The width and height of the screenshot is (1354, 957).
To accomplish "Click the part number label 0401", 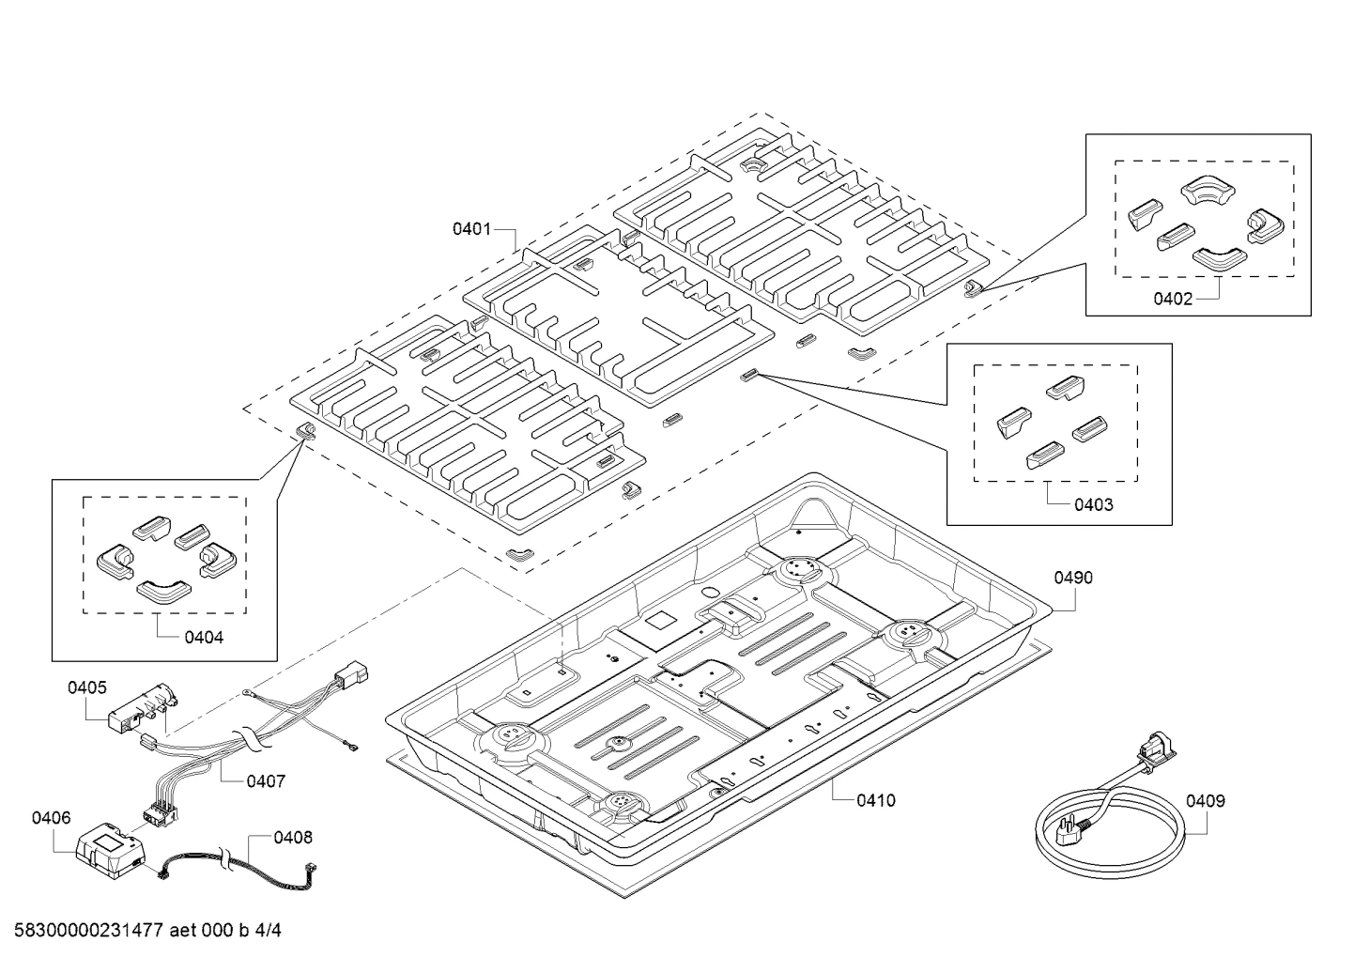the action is pos(471,229).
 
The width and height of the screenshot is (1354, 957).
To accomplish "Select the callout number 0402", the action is pos(1173,299).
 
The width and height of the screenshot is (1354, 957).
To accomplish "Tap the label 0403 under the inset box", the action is pos(1094,505).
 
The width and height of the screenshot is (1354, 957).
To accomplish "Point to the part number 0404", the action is pos(204,637).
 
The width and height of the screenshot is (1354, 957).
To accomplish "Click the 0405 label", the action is pos(87,687).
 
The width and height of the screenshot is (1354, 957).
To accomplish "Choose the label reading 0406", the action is pos(52,818).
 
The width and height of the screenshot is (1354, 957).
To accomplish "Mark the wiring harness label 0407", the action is pos(266,781).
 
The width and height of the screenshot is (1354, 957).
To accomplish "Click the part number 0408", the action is pos(293,838).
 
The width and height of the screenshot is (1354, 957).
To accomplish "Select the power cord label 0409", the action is pos(1206,801).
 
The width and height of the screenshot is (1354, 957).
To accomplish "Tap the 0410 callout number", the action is pos(876,800).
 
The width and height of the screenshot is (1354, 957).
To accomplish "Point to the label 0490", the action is pos(1073,578).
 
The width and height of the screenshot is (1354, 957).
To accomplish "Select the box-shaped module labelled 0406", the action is pos(111,851).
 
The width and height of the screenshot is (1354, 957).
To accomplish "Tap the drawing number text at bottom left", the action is pos(147,930).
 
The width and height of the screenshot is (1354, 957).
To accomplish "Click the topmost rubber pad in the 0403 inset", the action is pos(1065,387).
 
